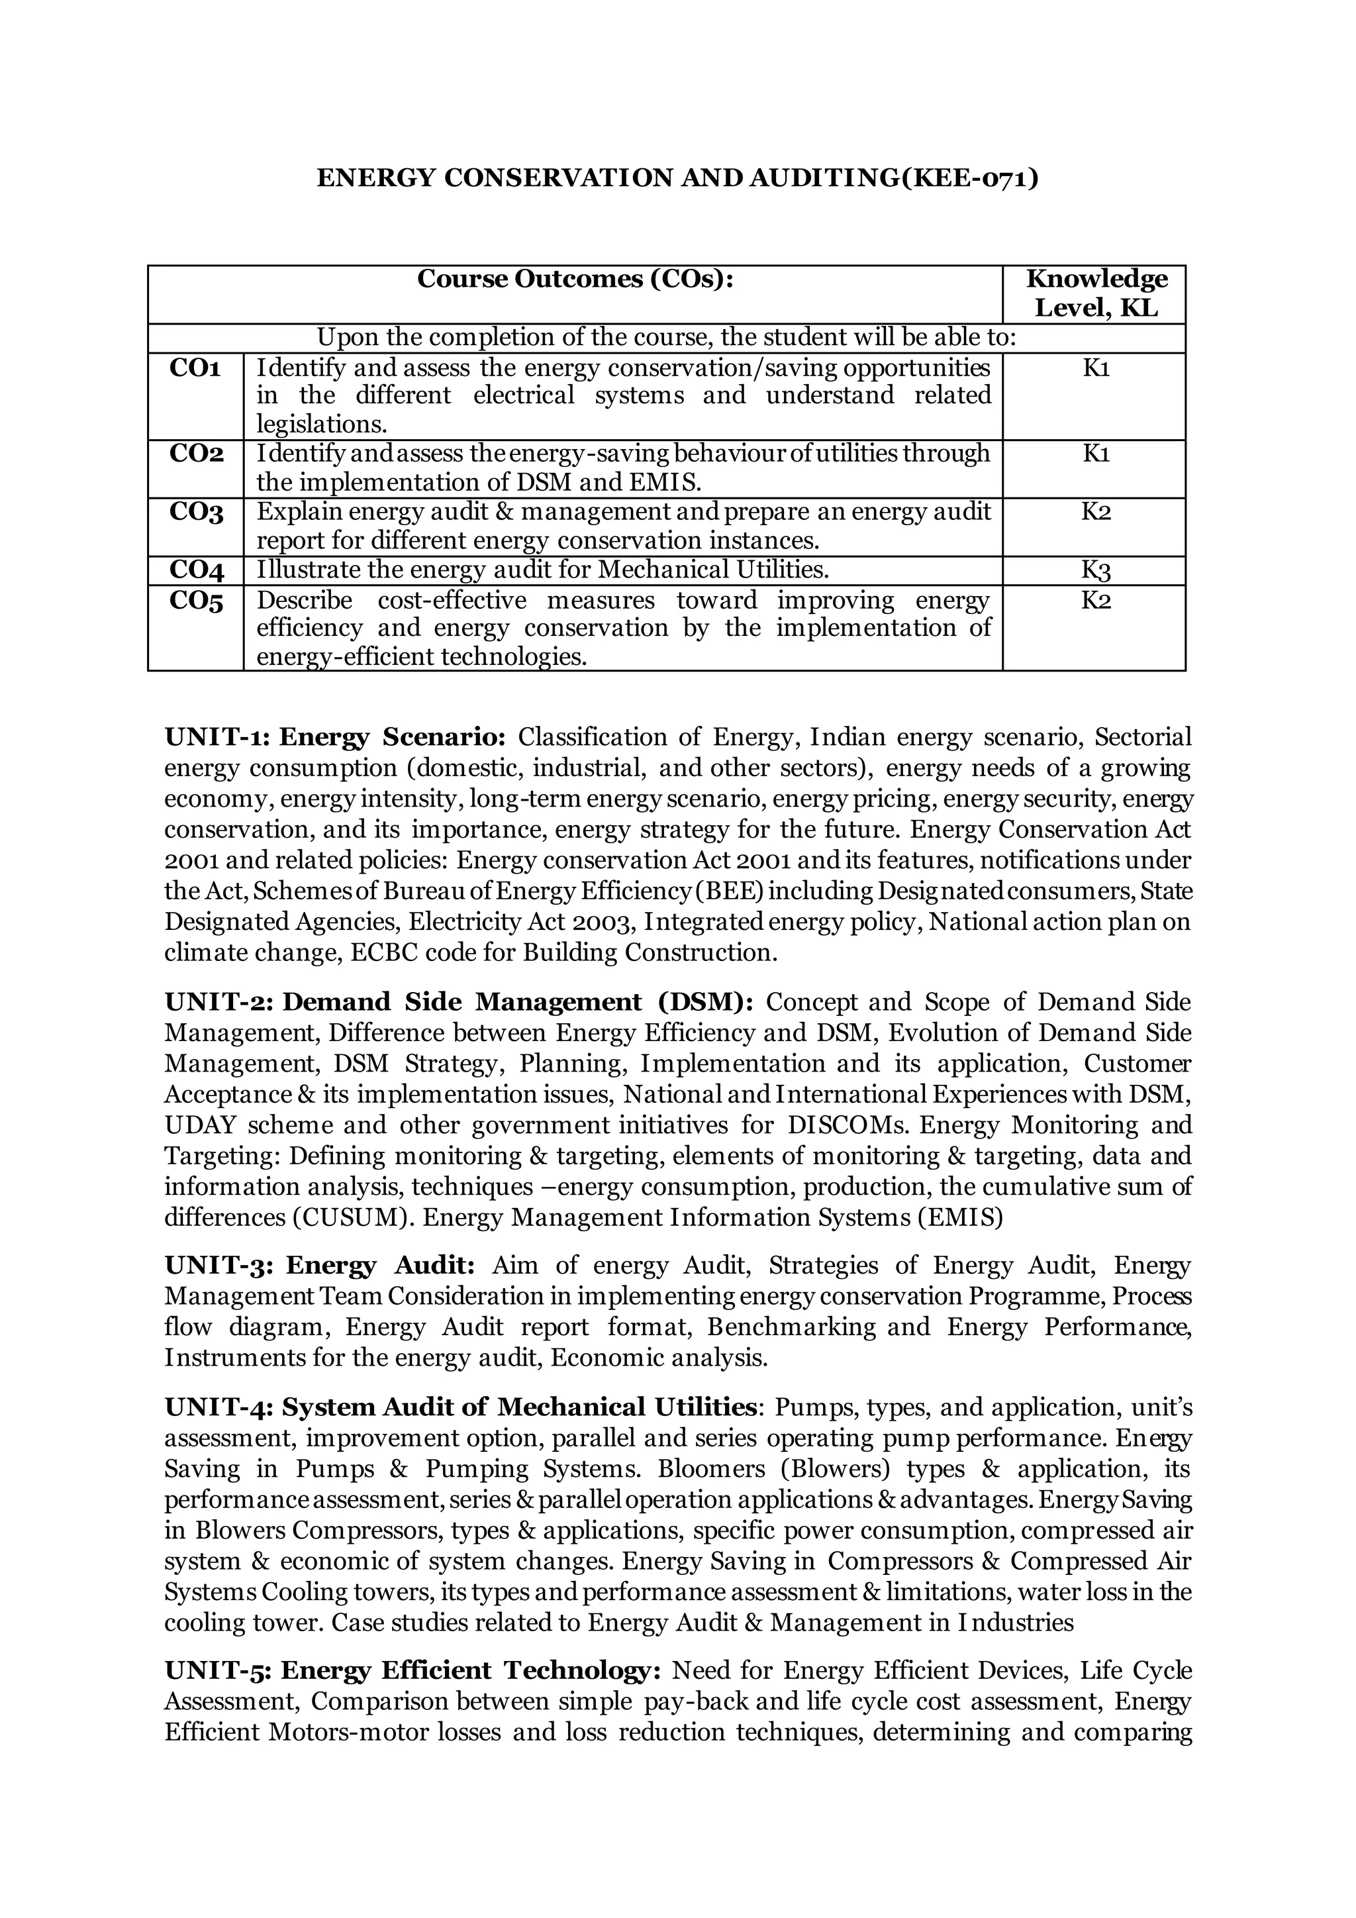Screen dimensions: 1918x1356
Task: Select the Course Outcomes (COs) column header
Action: (575, 279)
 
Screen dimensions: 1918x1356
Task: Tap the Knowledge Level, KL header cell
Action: (1096, 293)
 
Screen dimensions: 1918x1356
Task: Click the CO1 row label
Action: (195, 368)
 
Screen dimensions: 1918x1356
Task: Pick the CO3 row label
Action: (196, 512)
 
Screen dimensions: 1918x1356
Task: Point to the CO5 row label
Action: (196, 600)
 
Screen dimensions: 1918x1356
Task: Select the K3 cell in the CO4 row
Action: (1096, 572)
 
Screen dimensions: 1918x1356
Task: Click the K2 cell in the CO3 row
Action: (1096, 512)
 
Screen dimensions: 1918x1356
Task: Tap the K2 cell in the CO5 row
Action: (1096, 600)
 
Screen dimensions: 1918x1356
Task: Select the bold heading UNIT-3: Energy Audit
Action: (320, 1266)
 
